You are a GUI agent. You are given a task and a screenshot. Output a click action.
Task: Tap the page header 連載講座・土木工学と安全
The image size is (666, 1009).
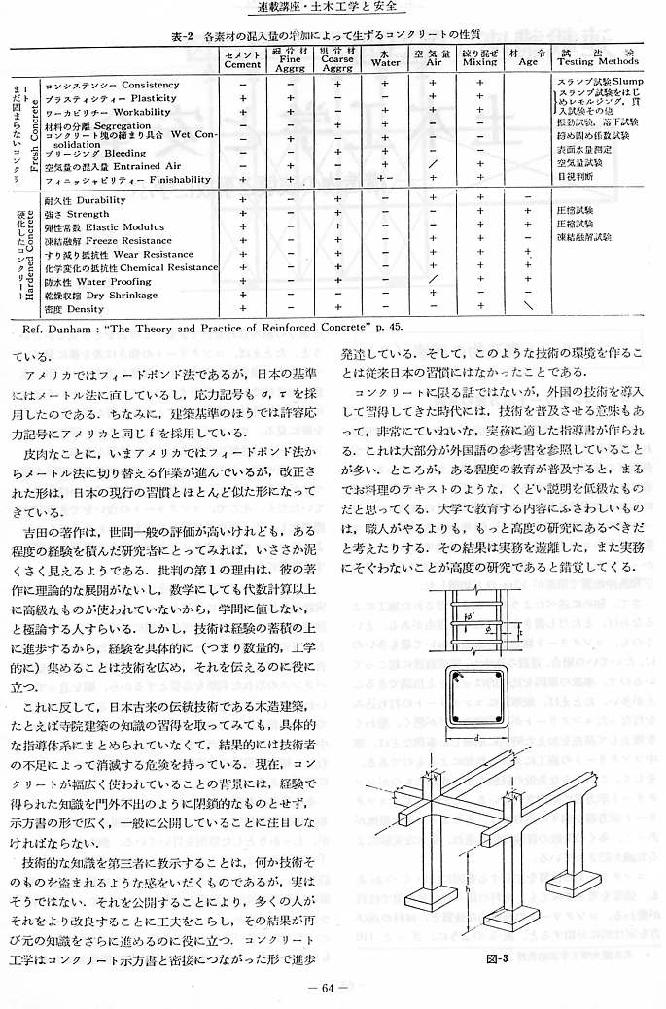pyautogui.click(x=332, y=10)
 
